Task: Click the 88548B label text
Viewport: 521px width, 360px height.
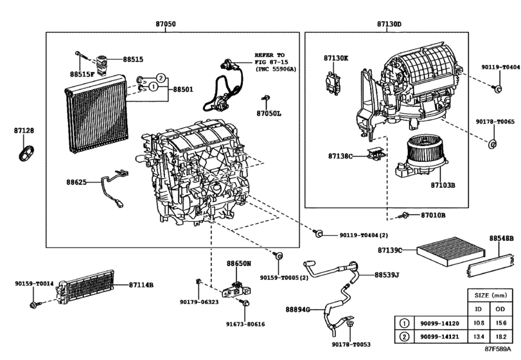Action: (501, 238)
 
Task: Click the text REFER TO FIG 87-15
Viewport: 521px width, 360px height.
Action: (269, 56)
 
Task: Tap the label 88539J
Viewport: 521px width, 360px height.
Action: (387, 275)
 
